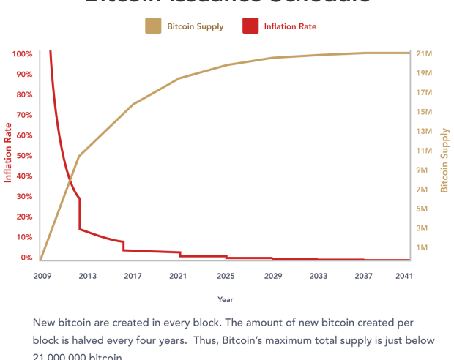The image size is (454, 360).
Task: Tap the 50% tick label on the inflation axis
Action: point(23,156)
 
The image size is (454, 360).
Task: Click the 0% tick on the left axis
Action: point(26,258)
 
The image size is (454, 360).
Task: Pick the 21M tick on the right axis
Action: point(425,54)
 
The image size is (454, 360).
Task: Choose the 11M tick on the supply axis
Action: point(425,151)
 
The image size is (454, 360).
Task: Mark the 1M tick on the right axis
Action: point(423,248)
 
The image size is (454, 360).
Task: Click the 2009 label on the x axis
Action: point(41,276)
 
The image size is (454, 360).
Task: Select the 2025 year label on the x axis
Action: point(226,276)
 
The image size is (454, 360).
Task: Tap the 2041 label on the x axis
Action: point(403,276)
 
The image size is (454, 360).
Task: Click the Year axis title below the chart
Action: point(226,299)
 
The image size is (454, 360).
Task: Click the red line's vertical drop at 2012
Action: point(80,214)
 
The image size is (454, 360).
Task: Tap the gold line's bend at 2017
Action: point(133,105)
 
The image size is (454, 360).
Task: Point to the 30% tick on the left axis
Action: point(23,197)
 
